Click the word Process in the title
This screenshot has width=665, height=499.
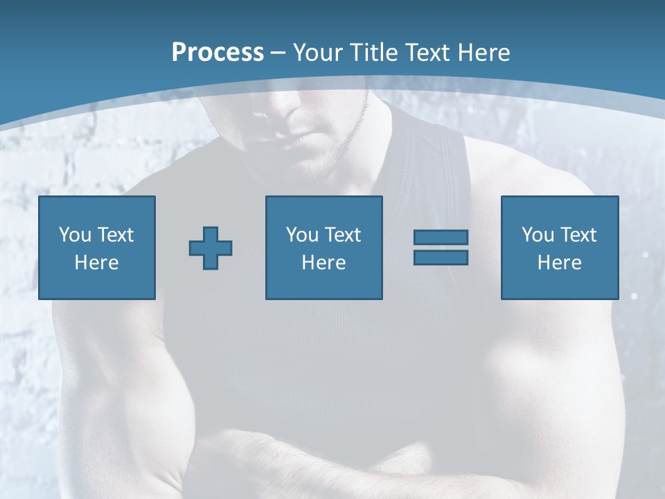point(218,53)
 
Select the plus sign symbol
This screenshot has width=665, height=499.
point(211,248)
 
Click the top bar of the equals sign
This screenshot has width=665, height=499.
point(441,237)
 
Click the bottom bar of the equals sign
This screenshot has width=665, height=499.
point(441,257)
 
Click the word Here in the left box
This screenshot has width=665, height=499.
point(96,263)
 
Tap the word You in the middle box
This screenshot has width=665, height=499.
point(302,235)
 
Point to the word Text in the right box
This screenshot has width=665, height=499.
point(578,235)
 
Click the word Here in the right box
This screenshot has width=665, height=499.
point(559,263)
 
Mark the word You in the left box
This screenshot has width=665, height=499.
point(75,235)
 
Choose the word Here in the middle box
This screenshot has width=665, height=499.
point(323,263)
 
